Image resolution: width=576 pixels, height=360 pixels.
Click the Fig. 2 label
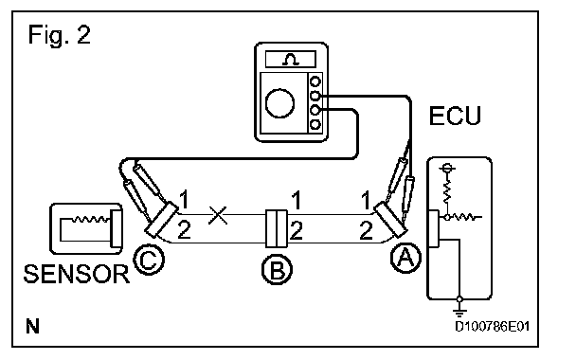59,35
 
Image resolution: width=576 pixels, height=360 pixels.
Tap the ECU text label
455,116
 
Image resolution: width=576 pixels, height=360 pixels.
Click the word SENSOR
77,274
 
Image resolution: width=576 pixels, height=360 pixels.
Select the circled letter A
405,258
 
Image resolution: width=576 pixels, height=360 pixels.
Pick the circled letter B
277,269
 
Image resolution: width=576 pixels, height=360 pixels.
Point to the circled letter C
149,260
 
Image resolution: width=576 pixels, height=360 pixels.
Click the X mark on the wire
218,215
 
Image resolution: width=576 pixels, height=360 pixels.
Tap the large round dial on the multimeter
279,103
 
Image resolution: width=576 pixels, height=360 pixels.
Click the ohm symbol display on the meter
291,59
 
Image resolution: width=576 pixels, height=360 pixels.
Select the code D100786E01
493,326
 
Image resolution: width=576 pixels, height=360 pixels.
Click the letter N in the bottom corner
33,326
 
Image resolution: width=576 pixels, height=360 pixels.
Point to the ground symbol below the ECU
459,309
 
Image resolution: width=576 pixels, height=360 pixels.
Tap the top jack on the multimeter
315,81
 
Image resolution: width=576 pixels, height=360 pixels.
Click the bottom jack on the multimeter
315,124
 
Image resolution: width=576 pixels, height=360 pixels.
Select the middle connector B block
277,228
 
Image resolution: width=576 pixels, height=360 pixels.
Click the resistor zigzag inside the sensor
90,219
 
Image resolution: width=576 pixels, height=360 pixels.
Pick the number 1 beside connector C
184,200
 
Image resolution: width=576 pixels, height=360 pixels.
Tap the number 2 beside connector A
367,231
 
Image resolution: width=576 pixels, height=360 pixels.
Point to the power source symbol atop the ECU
447,169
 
